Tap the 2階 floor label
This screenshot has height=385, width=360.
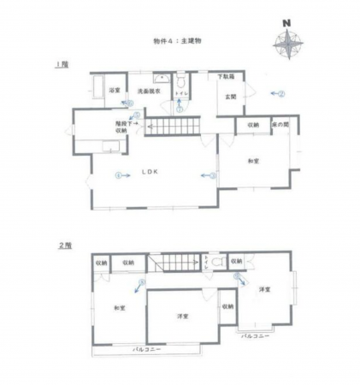point(62,246)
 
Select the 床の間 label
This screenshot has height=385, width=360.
point(280,126)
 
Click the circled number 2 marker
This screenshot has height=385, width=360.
point(281,93)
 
